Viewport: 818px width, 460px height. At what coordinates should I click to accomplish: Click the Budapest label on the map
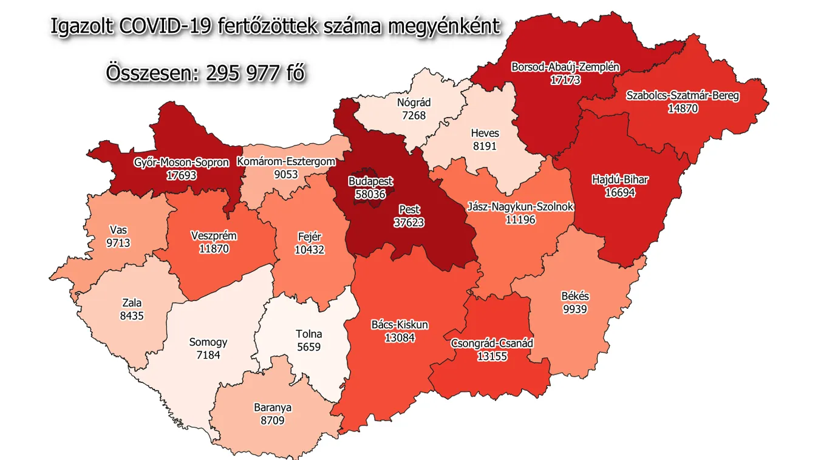(370, 181)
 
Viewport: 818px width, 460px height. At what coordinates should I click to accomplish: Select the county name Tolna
(308, 334)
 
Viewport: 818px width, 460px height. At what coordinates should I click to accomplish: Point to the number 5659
(308, 347)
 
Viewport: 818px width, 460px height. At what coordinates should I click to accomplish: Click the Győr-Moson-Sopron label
(182, 163)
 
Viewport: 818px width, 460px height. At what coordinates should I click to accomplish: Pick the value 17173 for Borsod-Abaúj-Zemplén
(565, 79)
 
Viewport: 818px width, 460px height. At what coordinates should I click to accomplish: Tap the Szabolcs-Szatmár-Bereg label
(683, 96)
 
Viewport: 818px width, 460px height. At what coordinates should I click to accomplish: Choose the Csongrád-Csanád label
(492, 343)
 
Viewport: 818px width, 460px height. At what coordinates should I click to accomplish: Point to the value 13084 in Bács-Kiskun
(400, 337)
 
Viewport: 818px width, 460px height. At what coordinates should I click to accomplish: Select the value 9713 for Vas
(119, 243)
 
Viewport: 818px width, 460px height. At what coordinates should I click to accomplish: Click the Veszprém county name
(214, 236)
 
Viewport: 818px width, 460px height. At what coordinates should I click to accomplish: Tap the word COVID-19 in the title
(163, 27)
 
